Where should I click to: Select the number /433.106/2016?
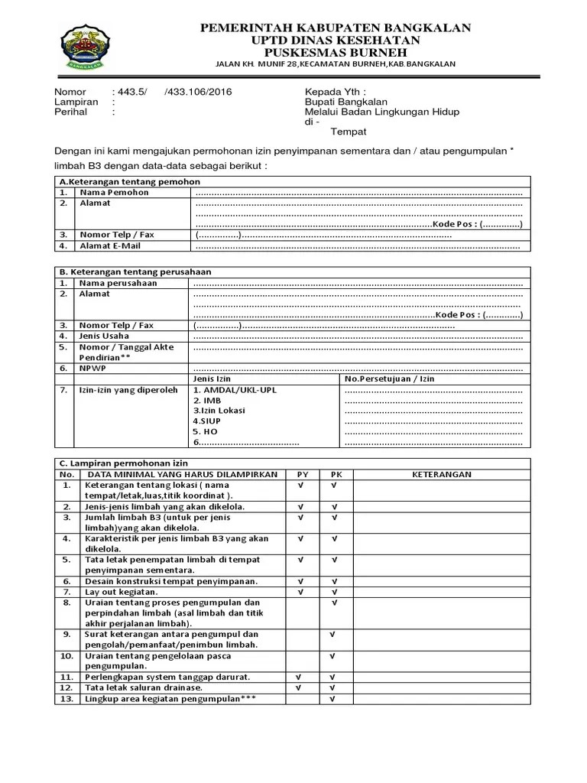click(x=198, y=92)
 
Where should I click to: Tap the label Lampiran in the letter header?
click(x=76, y=102)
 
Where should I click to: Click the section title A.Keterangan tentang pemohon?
click(x=129, y=181)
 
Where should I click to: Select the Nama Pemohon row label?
click(x=114, y=193)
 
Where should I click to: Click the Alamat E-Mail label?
click(x=110, y=246)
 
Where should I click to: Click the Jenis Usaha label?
click(x=104, y=336)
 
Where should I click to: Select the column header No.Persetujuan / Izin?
click(x=389, y=379)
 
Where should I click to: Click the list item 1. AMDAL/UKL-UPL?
click(x=235, y=390)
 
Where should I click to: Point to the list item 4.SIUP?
click(x=207, y=421)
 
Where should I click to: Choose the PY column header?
click(x=303, y=474)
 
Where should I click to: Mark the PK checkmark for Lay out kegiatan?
click(x=334, y=592)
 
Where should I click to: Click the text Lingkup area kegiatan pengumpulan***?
click(x=170, y=698)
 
